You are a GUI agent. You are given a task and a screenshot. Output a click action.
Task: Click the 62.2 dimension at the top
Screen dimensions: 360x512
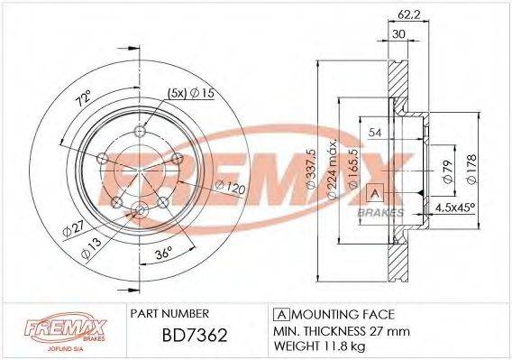click(x=405, y=14)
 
